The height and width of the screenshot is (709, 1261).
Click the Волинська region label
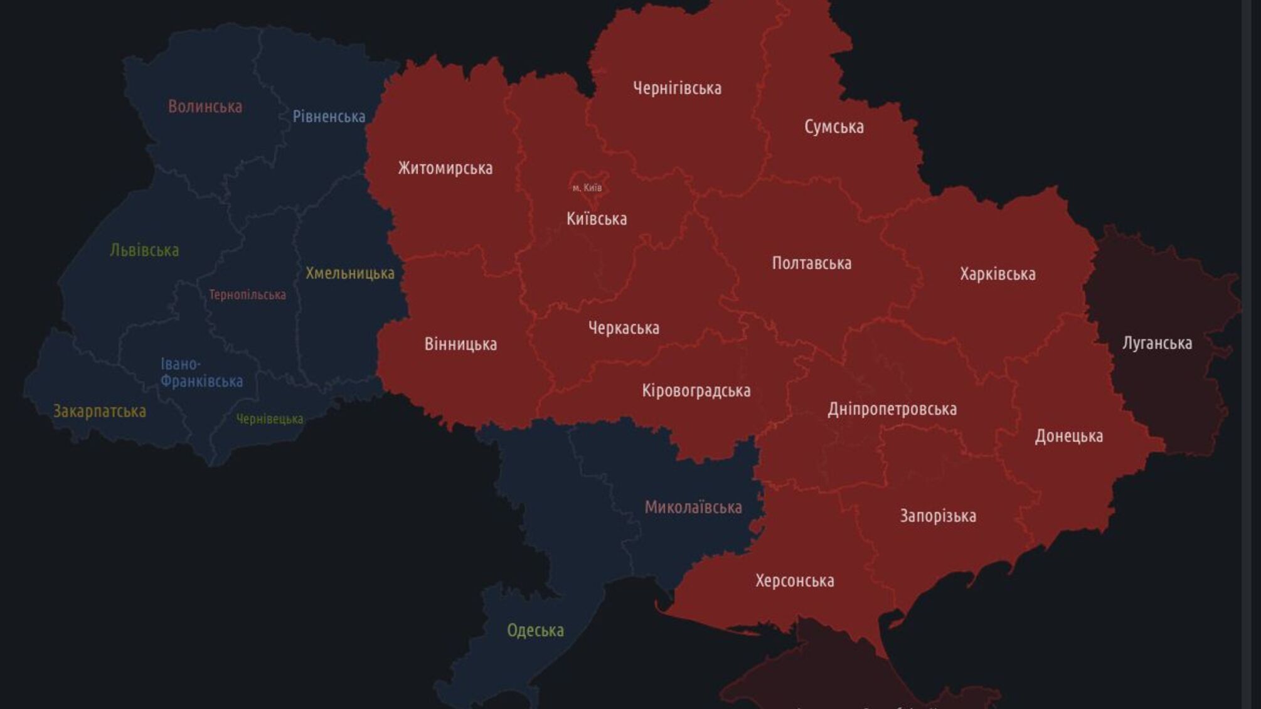pyautogui.click(x=205, y=107)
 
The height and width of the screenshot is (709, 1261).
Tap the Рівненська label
pyautogui.click(x=329, y=117)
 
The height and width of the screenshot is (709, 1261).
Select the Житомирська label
pyautogui.click(x=445, y=168)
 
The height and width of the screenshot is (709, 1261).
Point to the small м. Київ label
pyautogui.click(x=587, y=188)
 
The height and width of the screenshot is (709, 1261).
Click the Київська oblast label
pyautogui.click(x=597, y=219)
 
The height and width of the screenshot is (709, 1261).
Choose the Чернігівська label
pyautogui.click(x=677, y=88)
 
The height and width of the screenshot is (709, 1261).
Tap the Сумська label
pyautogui.click(x=834, y=127)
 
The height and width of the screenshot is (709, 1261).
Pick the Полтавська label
pyautogui.click(x=811, y=263)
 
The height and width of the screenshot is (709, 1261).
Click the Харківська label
pyautogui.click(x=998, y=274)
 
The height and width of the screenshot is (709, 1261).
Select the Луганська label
pyautogui.click(x=1157, y=343)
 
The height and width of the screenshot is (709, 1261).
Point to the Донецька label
pyautogui.click(x=1068, y=436)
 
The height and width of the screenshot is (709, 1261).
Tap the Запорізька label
pyautogui.click(x=938, y=516)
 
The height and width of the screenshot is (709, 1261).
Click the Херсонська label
pyautogui.click(x=794, y=581)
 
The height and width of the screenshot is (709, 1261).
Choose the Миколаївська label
pyautogui.click(x=693, y=507)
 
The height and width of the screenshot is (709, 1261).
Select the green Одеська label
pyautogui.click(x=535, y=630)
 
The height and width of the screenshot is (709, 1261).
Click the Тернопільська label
pyautogui.click(x=247, y=295)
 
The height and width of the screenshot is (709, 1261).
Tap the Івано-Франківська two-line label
pyautogui.click(x=201, y=373)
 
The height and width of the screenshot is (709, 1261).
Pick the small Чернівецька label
pyautogui.click(x=270, y=418)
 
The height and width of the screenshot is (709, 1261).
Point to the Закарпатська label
pyautogui.click(x=100, y=412)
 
